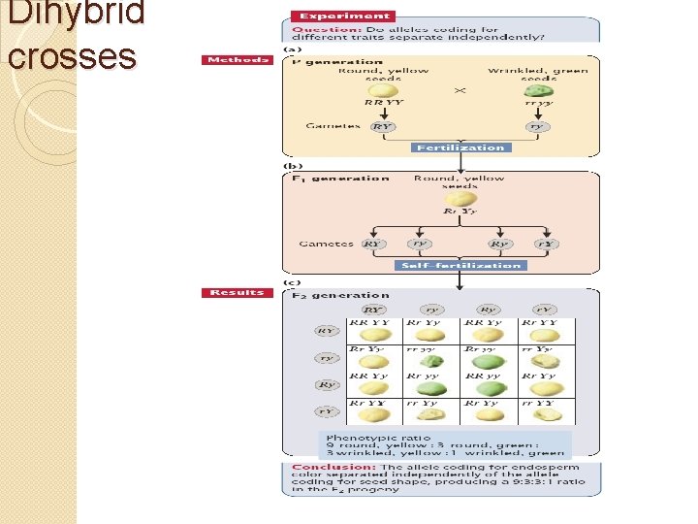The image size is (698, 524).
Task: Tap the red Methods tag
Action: point(237,60)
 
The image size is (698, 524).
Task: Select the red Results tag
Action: point(237,292)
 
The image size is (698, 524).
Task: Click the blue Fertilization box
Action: point(460,147)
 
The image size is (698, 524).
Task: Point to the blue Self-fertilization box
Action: point(460,265)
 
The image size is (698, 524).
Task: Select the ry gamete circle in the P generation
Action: point(536,126)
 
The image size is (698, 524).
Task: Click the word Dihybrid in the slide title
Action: point(76,14)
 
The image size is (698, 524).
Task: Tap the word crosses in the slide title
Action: point(72,55)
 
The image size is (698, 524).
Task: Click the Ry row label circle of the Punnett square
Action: point(327,384)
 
